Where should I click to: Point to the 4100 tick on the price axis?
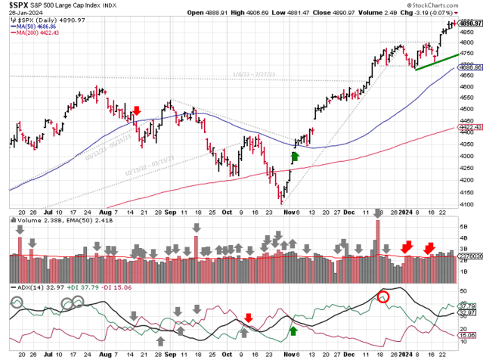467,203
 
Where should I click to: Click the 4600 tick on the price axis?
467,87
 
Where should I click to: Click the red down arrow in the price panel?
137,112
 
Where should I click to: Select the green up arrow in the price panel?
295,157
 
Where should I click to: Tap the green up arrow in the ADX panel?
293,331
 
